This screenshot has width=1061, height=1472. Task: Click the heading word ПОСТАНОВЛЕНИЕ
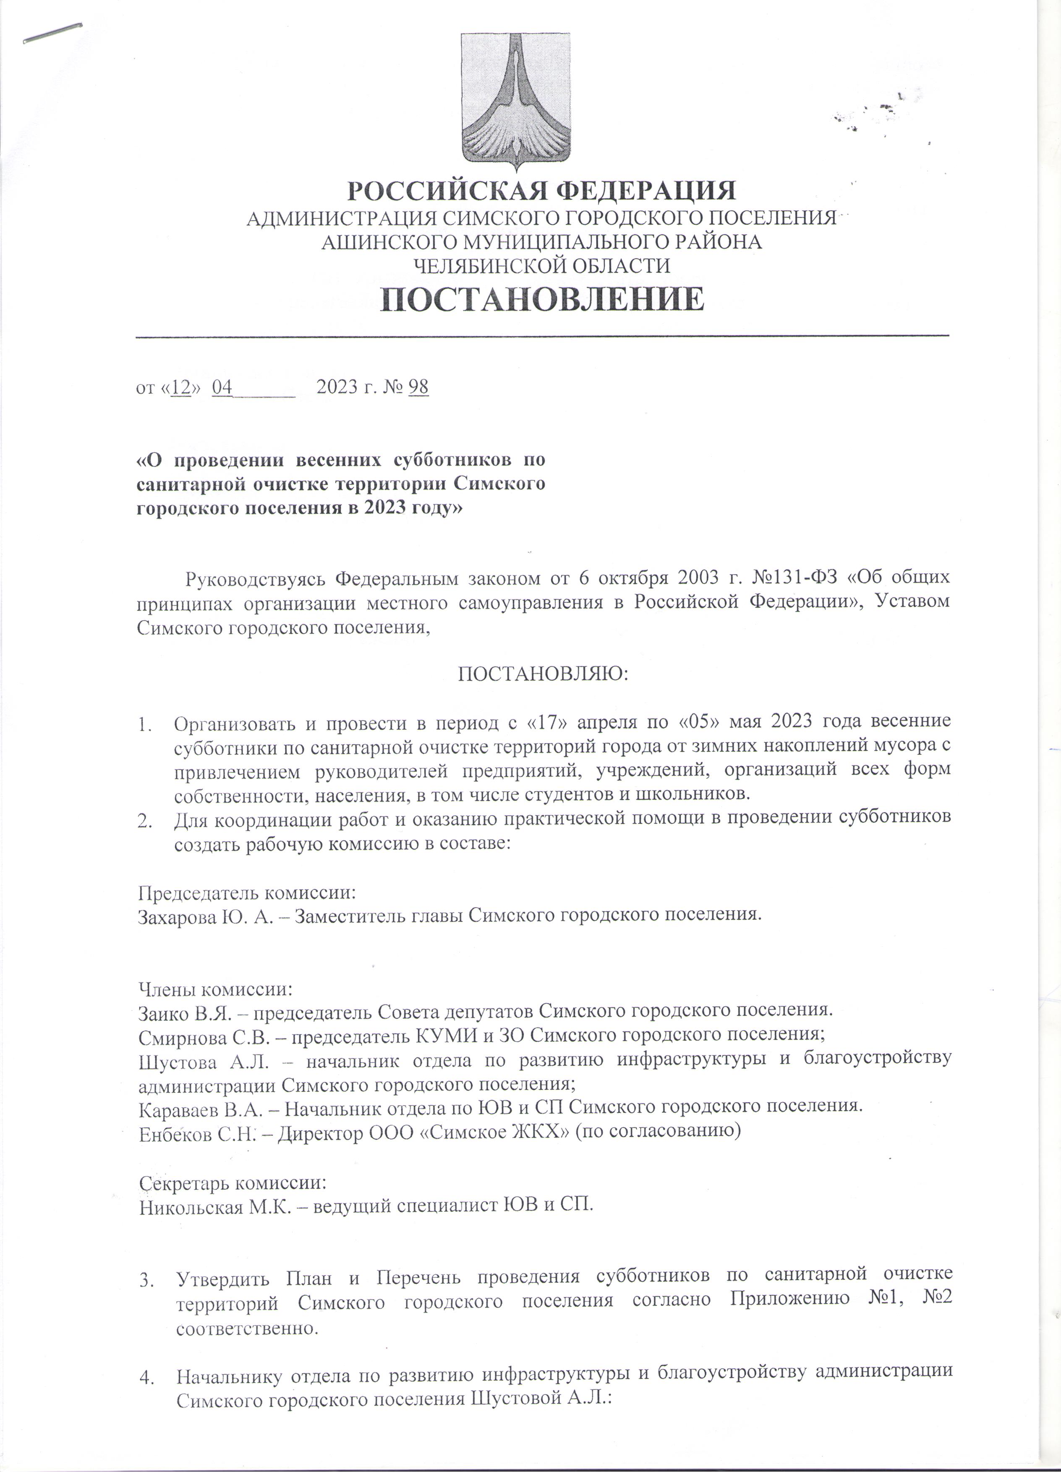coord(542,299)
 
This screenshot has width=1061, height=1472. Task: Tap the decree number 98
coord(418,387)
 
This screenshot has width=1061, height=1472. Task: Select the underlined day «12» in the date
coord(180,387)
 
